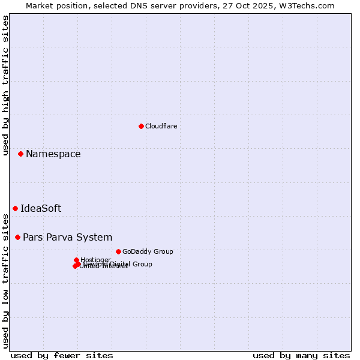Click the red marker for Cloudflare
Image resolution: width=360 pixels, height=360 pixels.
click(141, 126)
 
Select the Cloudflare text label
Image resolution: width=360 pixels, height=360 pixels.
click(161, 126)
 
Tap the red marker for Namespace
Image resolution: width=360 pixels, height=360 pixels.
click(20, 154)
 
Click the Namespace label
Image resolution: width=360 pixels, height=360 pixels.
click(53, 154)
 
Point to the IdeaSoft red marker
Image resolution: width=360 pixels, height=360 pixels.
click(15, 208)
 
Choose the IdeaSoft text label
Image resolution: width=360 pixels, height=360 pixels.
click(41, 209)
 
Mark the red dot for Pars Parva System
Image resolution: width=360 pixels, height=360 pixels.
click(17, 237)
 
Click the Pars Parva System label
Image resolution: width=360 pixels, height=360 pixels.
click(67, 238)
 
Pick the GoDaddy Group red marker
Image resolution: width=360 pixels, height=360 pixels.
click(118, 251)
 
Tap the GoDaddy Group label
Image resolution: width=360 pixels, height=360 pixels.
click(148, 251)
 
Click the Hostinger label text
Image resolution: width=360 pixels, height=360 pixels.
click(95, 260)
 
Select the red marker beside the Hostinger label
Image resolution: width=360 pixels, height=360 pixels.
click(76, 260)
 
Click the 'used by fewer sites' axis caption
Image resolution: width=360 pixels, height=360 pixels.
click(62, 355)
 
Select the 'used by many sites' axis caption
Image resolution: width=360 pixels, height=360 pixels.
click(301, 355)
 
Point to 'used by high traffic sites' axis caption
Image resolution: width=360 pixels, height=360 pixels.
click(6, 85)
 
